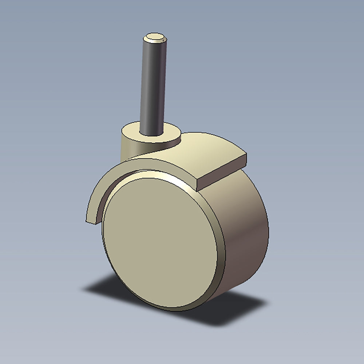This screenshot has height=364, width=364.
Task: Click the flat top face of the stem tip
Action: click(155, 36)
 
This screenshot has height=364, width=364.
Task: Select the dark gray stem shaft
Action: click(153, 84)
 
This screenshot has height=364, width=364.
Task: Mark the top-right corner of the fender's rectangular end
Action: click(246, 154)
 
